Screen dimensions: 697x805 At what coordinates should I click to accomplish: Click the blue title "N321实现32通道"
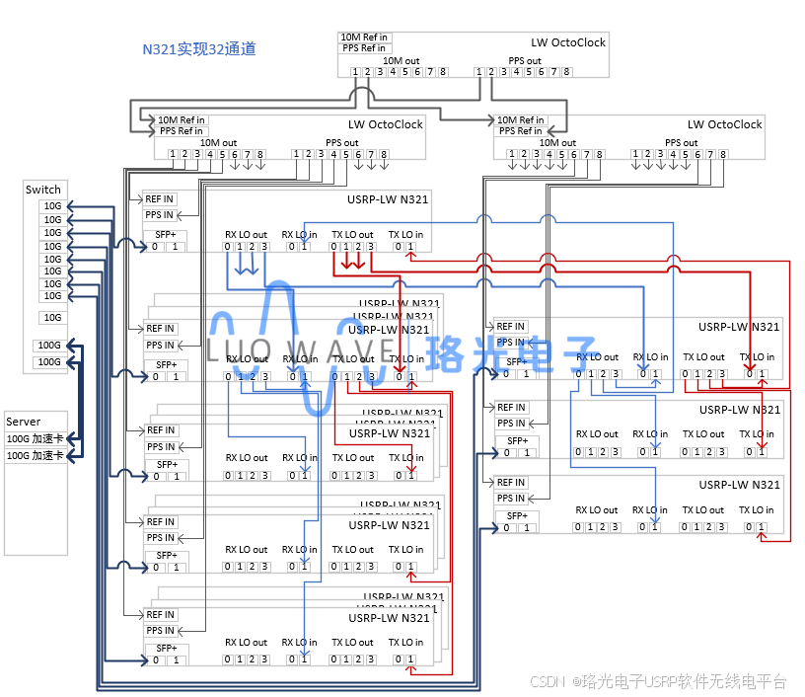[199, 48]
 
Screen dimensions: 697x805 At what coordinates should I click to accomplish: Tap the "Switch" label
[43, 190]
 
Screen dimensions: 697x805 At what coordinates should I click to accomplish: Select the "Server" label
[24, 422]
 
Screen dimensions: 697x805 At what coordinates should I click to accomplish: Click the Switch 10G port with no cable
[52, 318]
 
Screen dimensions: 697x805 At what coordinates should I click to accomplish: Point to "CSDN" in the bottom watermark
[546, 681]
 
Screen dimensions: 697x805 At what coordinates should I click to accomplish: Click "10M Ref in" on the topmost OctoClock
[364, 38]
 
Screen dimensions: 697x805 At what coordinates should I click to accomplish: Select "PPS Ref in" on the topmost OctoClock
[364, 48]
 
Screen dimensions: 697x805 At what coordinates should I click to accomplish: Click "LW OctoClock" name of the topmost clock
[568, 42]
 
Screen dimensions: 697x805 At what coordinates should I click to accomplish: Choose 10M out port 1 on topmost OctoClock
[355, 72]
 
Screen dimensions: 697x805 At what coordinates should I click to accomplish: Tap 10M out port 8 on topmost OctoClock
[443, 72]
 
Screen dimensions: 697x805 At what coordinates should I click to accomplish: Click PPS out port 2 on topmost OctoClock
[491, 72]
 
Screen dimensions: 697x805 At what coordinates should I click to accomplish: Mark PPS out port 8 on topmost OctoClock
[566, 72]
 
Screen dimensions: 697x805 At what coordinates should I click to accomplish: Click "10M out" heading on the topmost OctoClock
[401, 60]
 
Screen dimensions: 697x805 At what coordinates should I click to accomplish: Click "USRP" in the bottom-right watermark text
[665, 681]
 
